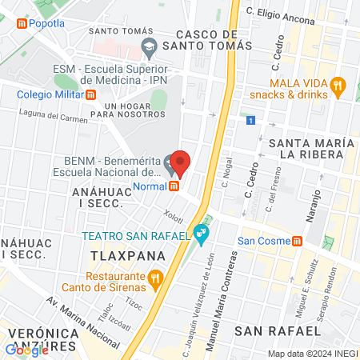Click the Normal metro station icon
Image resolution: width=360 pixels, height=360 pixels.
pos(174,186)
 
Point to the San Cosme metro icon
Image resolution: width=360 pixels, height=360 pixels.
pos(297,241)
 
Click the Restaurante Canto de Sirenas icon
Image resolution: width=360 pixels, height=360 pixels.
pos(155,280)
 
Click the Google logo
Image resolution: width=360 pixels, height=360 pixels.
pos(26,350)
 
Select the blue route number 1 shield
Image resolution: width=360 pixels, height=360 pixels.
pos(250,121)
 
